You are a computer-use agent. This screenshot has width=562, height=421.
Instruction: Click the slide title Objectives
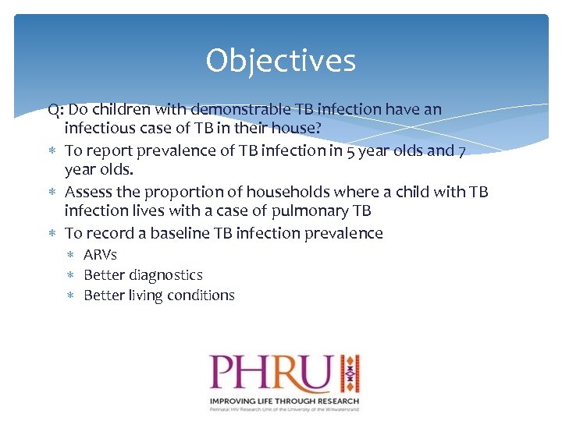click(280, 61)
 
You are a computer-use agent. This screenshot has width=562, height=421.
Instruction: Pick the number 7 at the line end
click(462, 150)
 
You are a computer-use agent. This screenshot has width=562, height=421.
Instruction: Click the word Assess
click(88, 192)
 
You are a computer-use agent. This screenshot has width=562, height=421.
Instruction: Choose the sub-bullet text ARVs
click(100, 254)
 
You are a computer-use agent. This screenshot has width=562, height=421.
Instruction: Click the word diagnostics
click(163, 275)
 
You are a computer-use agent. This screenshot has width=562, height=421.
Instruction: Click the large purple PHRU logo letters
click(270, 373)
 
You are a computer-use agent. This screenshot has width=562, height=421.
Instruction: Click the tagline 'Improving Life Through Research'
click(283, 400)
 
